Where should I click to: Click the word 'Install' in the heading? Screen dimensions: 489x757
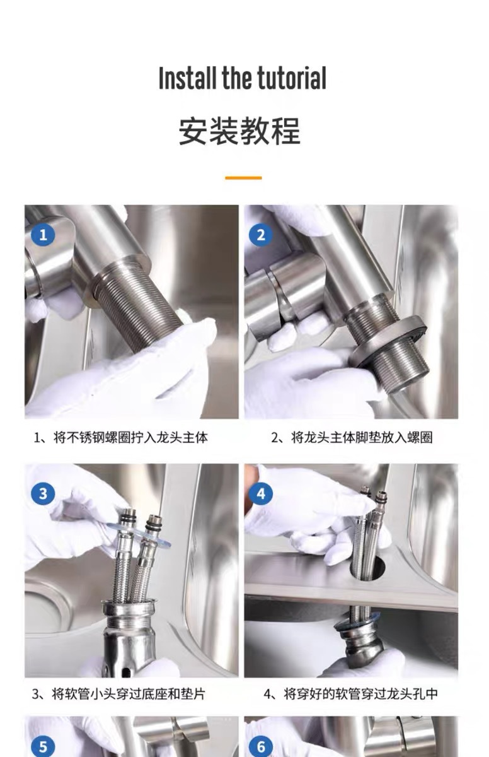pos(188,78)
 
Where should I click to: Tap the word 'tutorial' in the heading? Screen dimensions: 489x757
pos(292,78)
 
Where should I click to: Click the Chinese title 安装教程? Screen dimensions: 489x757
pos(239,131)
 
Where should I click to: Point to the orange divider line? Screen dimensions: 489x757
pos(243,178)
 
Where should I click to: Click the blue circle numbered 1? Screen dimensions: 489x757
pos(43,235)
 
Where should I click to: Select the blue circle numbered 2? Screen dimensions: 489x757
pos(261,235)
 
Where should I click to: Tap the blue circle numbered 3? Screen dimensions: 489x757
pos(43,493)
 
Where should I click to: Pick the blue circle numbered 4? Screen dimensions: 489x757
pos(261,494)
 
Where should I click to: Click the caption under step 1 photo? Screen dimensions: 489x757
pos(121,438)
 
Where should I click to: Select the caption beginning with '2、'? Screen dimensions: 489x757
pos(352,438)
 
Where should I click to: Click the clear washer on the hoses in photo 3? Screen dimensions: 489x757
pos(139,533)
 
